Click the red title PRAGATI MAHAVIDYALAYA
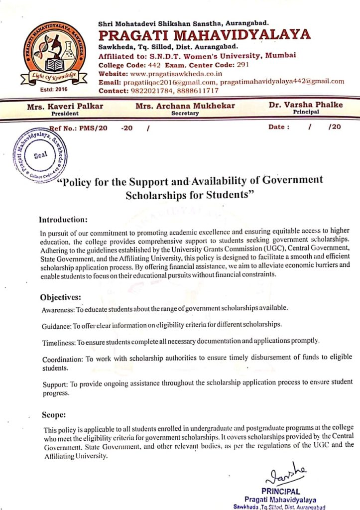coord(205,34)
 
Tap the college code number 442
coord(154,65)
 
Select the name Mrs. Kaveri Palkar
coord(65,106)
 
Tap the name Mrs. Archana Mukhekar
coord(185,106)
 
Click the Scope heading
coord(53,414)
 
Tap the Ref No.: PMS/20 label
coord(76,127)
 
